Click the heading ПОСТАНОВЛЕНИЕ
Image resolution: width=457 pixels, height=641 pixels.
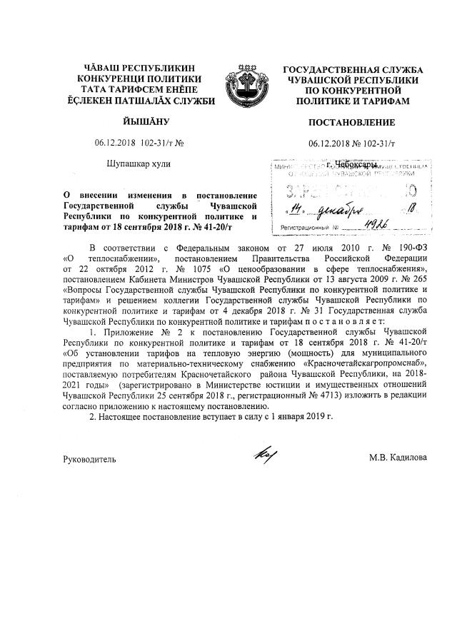[353, 123]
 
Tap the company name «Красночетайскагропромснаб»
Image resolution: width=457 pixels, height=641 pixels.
[364, 363]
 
